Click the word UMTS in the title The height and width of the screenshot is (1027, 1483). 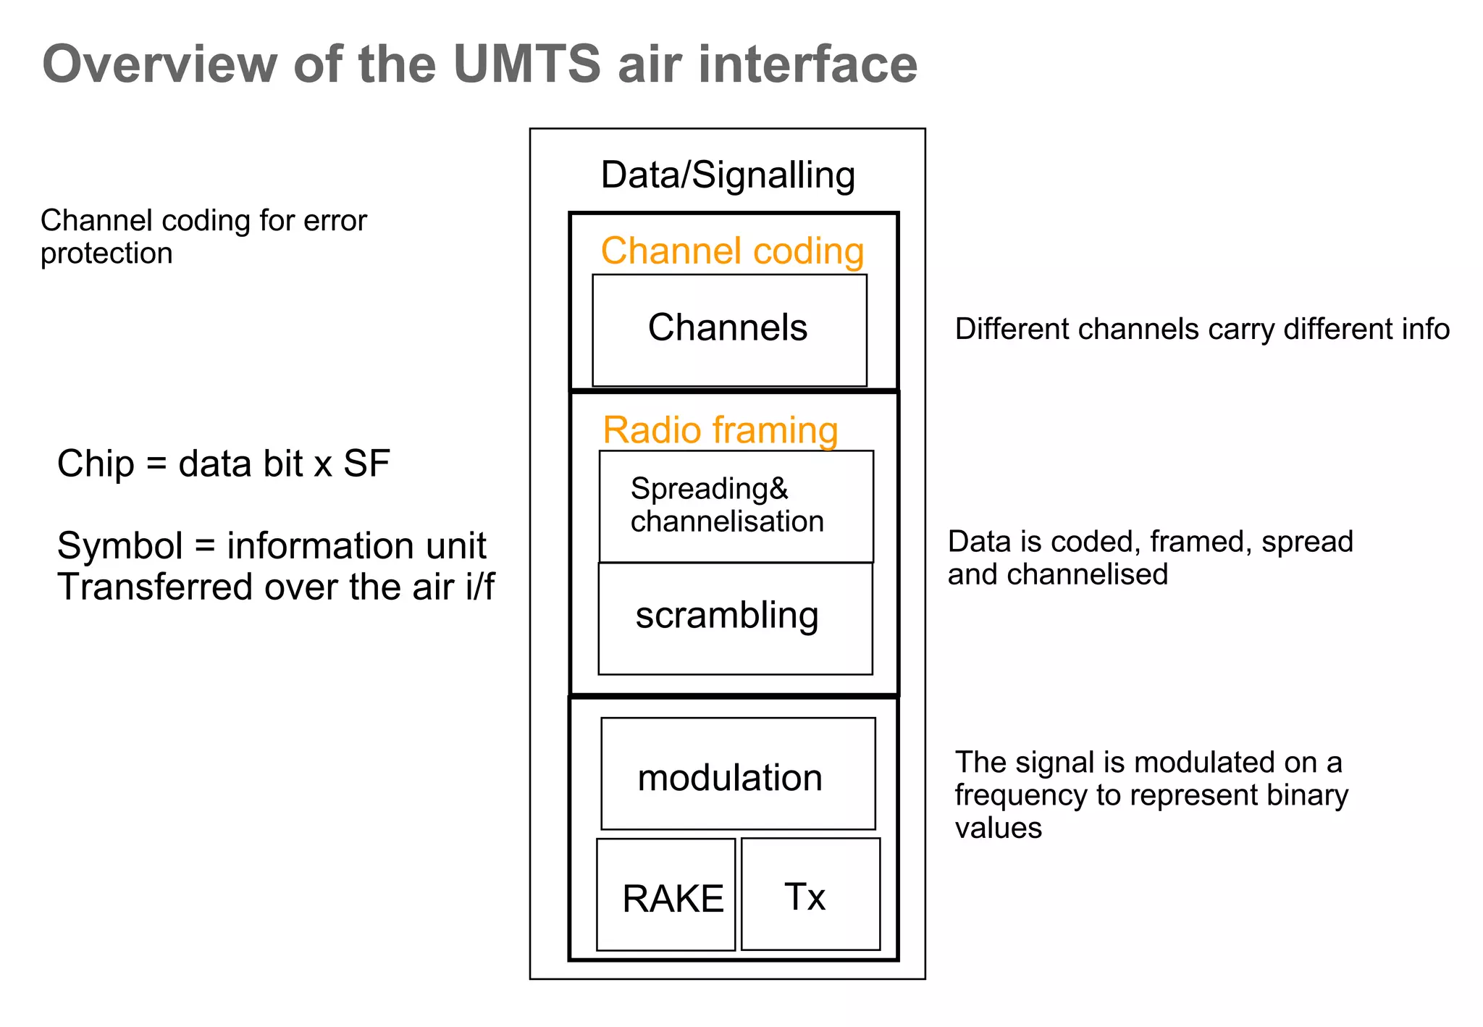[x=526, y=64]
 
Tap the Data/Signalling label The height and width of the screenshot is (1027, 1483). [x=728, y=175]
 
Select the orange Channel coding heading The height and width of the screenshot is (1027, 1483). [x=732, y=251]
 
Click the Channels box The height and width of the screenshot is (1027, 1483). [x=729, y=330]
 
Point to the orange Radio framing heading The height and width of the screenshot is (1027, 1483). [x=721, y=430]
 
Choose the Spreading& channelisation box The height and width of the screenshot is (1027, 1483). [x=736, y=506]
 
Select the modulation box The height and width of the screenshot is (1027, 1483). [x=738, y=774]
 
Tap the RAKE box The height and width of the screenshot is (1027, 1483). [x=666, y=895]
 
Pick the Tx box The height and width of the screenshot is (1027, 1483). [x=810, y=894]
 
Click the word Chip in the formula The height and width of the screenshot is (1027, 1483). [x=96, y=464]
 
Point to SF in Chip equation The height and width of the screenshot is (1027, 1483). [x=366, y=464]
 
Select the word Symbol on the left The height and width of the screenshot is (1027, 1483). [x=119, y=545]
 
